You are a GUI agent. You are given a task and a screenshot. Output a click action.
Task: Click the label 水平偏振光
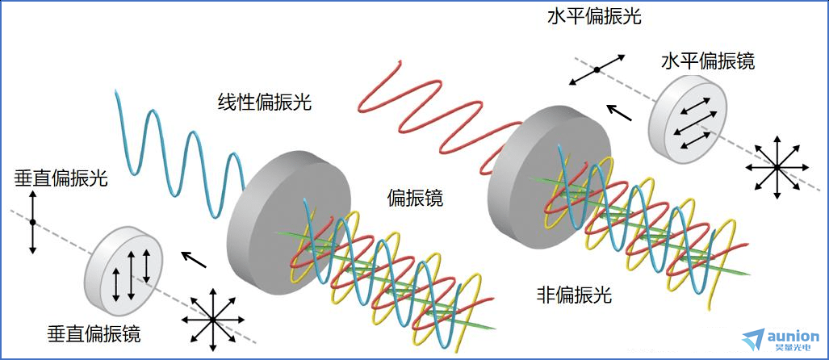(x=594, y=17)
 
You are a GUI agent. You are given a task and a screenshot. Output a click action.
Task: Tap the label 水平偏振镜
(x=708, y=61)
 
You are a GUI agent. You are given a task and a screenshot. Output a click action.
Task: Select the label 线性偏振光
(x=264, y=102)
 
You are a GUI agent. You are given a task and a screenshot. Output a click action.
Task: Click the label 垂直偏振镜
(x=94, y=334)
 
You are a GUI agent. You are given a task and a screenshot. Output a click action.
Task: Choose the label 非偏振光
(x=574, y=295)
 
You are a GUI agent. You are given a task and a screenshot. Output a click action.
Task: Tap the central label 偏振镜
(x=415, y=199)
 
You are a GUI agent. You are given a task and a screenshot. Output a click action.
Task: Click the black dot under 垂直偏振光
(x=32, y=223)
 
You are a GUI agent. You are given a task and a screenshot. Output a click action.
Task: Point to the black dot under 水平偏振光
(x=597, y=69)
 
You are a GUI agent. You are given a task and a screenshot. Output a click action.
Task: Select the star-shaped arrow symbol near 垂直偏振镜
(x=212, y=320)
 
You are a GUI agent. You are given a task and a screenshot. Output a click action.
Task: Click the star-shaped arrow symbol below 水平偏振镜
(x=777, y=167)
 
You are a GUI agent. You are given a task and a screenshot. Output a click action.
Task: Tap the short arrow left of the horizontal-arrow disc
(x=618, y=112)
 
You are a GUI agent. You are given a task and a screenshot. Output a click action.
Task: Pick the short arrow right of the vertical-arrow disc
(x=194, y=260)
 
